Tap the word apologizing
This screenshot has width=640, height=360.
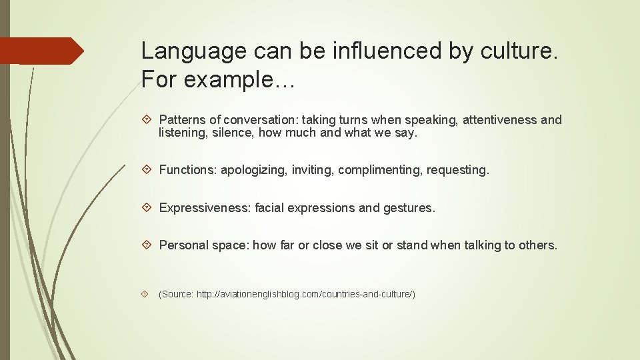(x=253, y=170)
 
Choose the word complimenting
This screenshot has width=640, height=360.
(x=378, y=170)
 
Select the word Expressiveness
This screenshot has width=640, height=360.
(x=203, y=208)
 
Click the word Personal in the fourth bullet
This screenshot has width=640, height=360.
(x=183, y=245)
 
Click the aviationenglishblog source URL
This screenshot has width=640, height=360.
(x=305, y=294)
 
